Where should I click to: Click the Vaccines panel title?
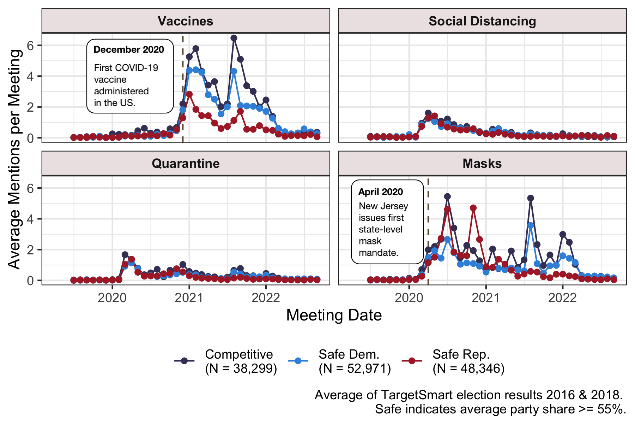[186, 21]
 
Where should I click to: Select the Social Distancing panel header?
[482, 21]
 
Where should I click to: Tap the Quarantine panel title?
[186, 164]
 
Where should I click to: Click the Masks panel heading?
[482, 164]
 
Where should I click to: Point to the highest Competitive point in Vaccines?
[234, 38]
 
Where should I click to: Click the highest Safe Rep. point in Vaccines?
[189, 94]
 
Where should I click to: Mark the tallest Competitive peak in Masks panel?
[447, 196]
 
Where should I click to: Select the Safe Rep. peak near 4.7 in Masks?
[473, 208]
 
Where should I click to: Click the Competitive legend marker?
[184, 361]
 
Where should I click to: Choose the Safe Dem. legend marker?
[298, 361]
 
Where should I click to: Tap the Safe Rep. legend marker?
[412, 361]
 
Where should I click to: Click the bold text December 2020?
[129, 49]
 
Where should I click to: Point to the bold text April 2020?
[380, 192]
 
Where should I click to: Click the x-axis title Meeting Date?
[334, 315]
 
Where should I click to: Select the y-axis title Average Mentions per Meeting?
[15, 159]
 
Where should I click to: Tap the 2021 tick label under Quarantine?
[189, 298]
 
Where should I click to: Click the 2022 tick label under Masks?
[562, 298]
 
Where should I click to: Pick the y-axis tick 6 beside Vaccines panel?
[31, 46]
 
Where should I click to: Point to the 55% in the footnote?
[611, 409]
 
